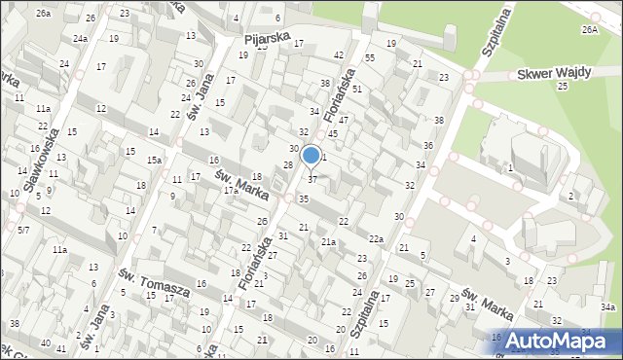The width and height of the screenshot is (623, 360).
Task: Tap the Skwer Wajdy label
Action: [x=549, y=74]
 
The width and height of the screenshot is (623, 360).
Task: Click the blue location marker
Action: [x=311, y=155]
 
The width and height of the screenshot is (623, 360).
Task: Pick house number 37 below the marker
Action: [x=311, y=179]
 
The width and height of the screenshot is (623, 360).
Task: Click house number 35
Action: [x=304, y=198]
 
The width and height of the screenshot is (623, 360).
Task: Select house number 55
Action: [x=370, y=58]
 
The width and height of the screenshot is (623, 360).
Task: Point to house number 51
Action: [x=357, y=89]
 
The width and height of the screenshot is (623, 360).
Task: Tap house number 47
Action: [x=343, y=119]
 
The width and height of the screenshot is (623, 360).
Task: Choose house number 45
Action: [x=332, y=133]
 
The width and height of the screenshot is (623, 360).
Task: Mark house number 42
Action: [x=339, y=54]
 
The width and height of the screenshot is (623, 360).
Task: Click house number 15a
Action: [x=154, y=160]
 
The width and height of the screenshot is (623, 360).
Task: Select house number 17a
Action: [x=231, y=191]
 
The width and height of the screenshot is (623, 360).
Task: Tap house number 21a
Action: [x=329, y=241]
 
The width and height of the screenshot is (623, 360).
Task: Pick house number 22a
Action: [x=376, y=239]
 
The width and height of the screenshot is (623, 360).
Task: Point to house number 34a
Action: [x=607, y=306]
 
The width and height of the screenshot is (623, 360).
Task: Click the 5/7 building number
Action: [x=23, y=230]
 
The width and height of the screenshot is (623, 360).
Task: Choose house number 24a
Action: [x=80, y=38]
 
